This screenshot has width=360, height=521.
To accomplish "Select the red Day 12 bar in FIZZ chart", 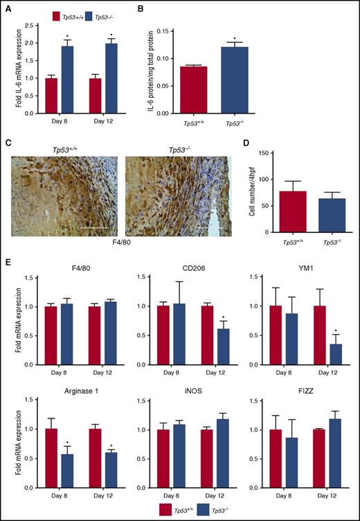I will click(x=318, y=449).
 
